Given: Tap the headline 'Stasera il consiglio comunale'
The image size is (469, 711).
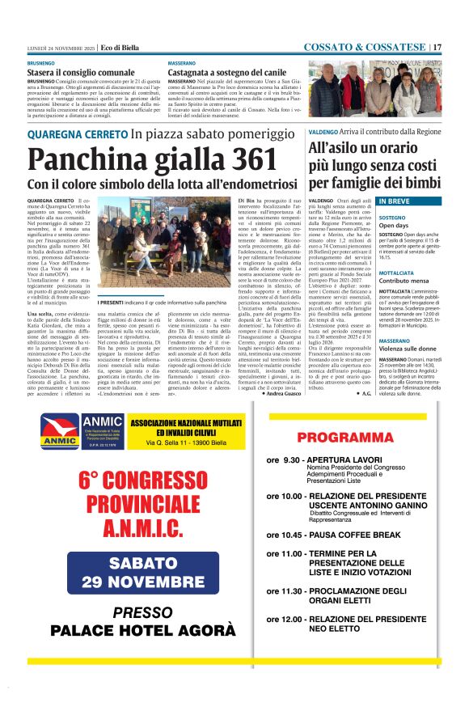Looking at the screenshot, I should [81, 73].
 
